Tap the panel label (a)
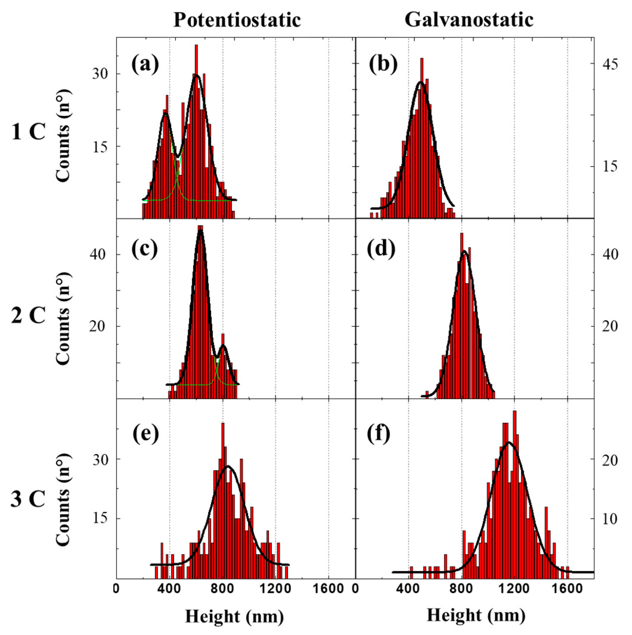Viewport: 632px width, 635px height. coord(145,65)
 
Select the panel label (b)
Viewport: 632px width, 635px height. coord(383,65)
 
